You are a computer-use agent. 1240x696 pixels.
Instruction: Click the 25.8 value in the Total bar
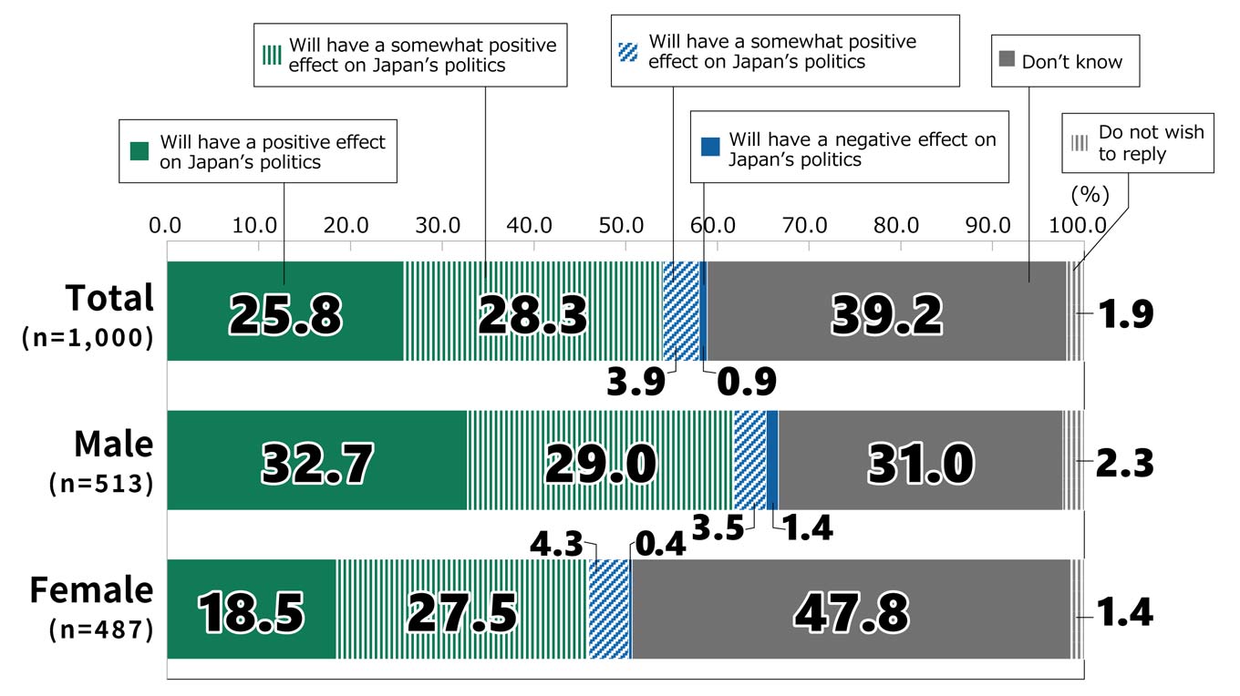pos(285,315)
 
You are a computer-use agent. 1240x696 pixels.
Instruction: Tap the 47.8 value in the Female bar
pos(851,612)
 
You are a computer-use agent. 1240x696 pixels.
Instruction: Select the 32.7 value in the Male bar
pos(316,463)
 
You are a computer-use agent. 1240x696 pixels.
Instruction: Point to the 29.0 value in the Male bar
pos(600,463)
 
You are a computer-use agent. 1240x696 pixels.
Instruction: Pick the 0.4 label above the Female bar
pos(656,548)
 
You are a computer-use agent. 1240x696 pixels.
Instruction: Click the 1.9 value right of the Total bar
pos(1124,314)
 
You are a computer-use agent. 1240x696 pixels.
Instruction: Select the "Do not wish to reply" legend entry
pos(1151,143)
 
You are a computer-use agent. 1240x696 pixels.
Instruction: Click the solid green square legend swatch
pos(139,151)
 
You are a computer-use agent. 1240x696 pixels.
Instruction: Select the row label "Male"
pos(113,445)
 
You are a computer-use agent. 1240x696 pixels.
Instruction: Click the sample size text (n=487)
pos(100,630)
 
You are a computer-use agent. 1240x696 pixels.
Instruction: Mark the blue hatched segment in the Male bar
pos(749,460)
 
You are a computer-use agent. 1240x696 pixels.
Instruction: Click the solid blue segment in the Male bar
pos(772,460)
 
